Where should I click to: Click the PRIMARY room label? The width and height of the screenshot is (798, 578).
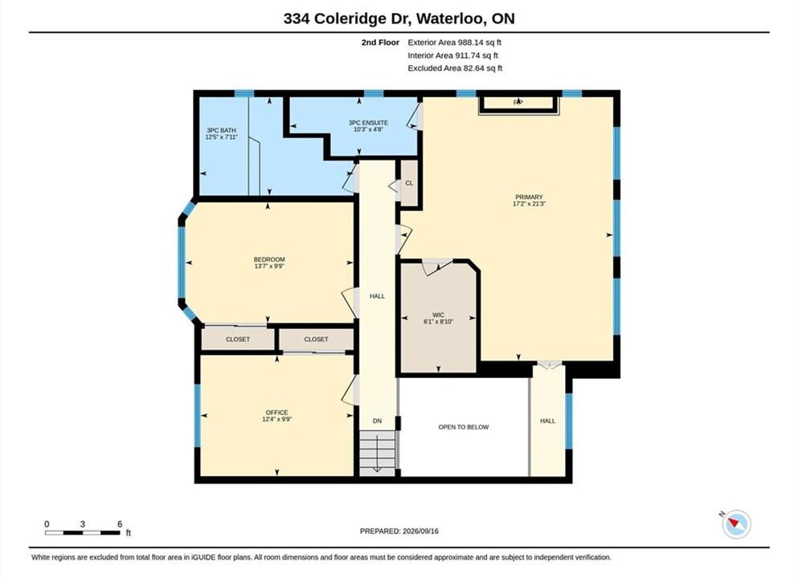[530, 197]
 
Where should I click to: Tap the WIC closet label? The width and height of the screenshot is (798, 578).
[438, 315]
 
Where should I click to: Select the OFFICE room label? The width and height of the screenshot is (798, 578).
[277, 413]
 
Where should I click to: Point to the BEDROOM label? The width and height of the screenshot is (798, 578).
[269, 259]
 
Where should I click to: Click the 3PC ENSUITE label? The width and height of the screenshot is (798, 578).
[369, 123]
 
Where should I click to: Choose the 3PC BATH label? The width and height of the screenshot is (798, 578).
[221, 131]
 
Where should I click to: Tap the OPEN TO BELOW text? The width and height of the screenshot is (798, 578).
[464, 427]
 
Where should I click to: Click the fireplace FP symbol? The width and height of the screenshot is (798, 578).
[518, 102]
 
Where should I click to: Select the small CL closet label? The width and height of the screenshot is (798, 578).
[409, 183]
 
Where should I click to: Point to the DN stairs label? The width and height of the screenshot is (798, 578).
[377, 421]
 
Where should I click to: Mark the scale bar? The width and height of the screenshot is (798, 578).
[83, 533]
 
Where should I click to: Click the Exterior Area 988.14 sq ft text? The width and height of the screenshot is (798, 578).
[455, 43]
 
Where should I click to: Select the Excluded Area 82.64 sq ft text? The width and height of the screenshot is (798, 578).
[455, 68]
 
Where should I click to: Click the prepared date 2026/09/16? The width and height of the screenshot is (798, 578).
[420, 531]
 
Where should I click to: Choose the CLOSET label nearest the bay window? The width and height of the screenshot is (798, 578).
[238, 339]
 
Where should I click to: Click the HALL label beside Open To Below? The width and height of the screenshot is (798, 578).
[547, 421]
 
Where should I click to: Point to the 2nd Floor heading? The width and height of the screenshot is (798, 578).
[380, 43]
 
